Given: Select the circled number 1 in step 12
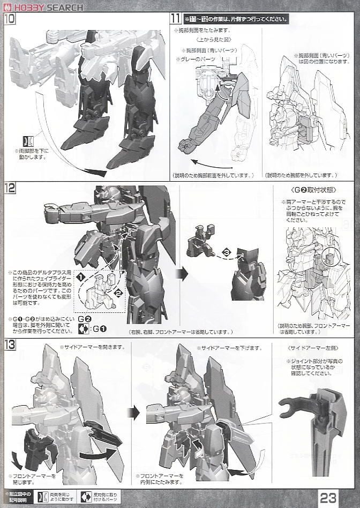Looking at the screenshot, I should [x=81, y=278].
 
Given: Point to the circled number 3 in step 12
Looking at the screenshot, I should [x=227, y=251].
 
